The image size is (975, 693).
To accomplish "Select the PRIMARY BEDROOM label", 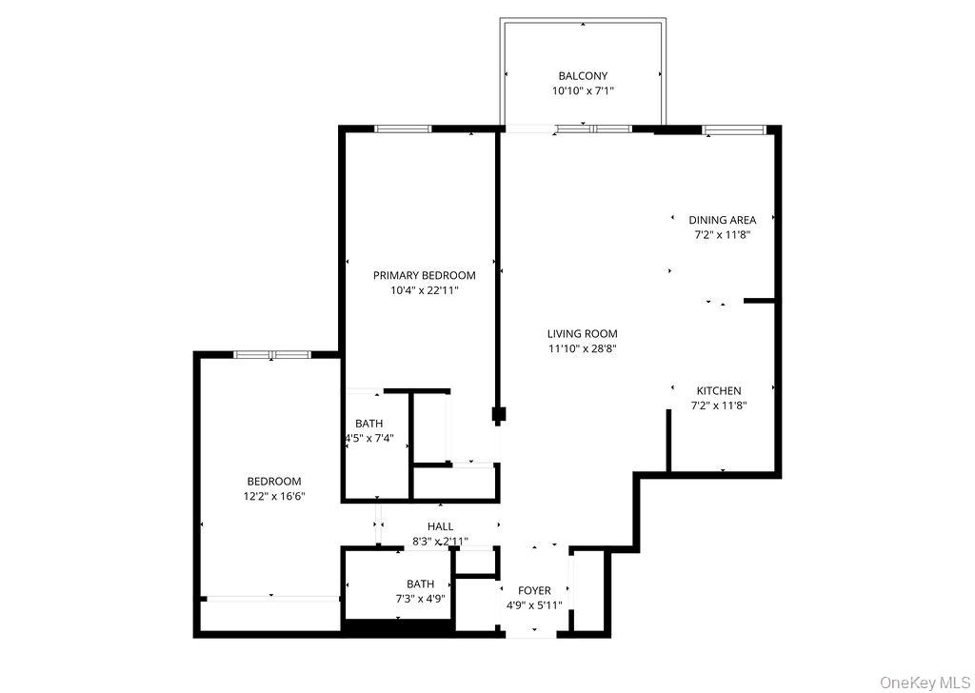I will pos(424,276).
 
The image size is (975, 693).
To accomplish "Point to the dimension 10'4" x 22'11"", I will pos(424,291).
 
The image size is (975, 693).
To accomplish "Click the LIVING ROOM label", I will pos(582,334).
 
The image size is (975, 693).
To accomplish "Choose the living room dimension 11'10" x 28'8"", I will pos(582,348).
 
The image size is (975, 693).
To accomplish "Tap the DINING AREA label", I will pos(722,220).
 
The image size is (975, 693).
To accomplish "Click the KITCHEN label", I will pos(718,391).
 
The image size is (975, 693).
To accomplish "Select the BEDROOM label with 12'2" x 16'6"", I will pos(273,482).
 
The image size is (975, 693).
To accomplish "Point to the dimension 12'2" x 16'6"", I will pos(273,496).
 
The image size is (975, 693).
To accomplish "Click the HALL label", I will pos(440,526).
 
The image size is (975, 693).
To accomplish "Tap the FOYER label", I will pos(534,591).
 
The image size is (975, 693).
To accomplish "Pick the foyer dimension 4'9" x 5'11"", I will pos(534,605).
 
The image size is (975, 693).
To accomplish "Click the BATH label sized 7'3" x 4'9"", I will pos(420,584).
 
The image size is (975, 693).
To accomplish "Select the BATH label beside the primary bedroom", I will pos(368,424).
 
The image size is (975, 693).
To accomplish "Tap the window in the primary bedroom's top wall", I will pos(403,129).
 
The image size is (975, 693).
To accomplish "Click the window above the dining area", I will pos(733,129).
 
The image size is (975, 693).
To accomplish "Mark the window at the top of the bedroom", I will pos(272,355).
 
